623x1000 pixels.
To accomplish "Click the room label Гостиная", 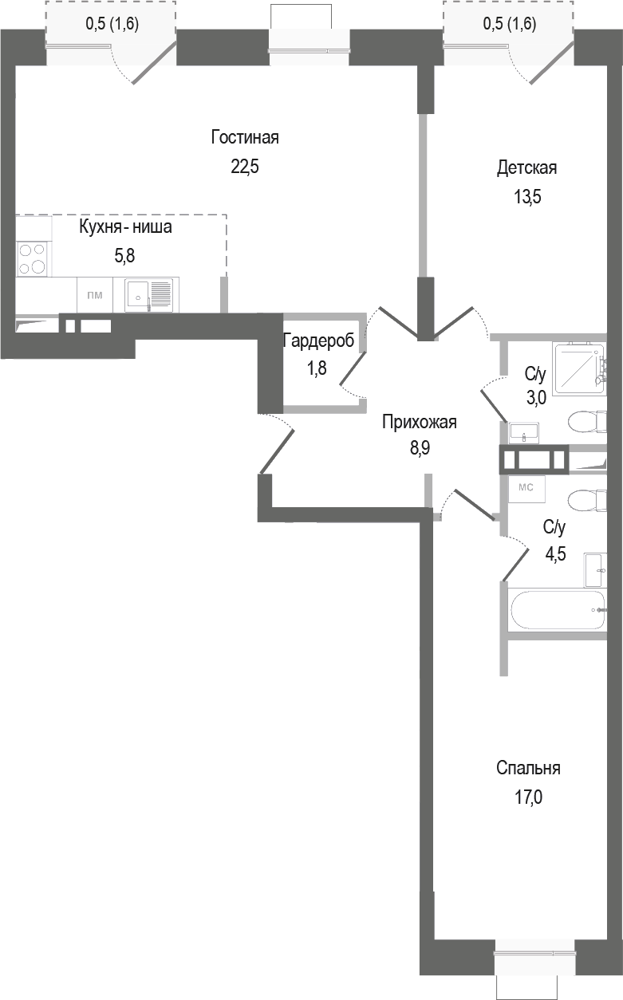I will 245,137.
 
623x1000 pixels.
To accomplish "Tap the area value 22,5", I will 245,167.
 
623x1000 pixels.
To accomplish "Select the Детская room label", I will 526,167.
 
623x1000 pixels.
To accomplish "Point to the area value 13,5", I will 526,198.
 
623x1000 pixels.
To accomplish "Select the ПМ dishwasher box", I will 94,295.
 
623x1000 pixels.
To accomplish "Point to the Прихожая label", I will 419,423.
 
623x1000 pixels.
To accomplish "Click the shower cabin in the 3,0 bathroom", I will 579,368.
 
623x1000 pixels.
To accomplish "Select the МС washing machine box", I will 526,486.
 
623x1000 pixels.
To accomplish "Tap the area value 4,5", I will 554,555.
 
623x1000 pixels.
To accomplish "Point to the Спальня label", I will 528,769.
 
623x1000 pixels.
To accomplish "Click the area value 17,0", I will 528,797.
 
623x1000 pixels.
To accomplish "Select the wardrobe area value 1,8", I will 317,369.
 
